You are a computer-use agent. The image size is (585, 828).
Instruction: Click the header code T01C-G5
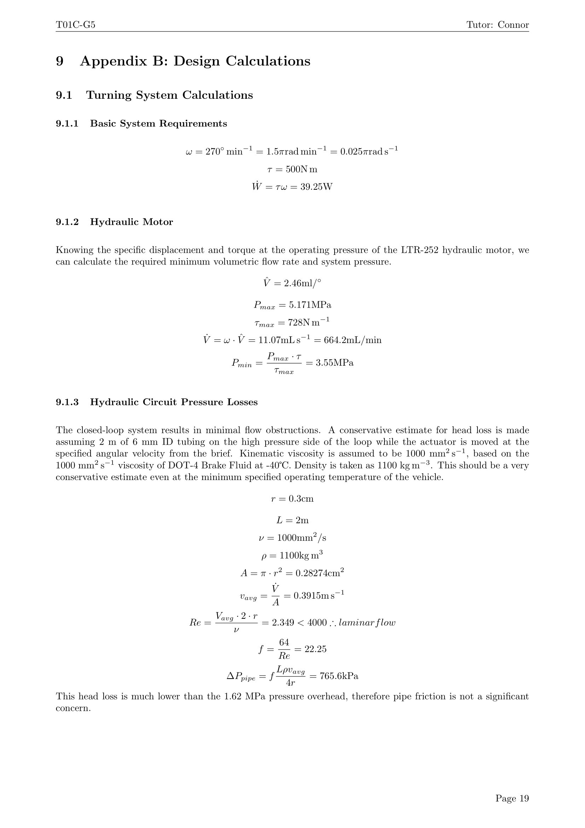coord(75,25)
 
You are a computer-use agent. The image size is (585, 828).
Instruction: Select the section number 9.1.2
coord(67,222)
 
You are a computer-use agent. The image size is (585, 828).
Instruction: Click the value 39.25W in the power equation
coord(316,187)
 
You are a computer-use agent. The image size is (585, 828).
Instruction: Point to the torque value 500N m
coord(301,169)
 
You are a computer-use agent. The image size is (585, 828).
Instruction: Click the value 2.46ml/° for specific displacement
coord(302,284)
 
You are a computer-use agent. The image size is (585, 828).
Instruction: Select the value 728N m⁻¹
coord(309,322)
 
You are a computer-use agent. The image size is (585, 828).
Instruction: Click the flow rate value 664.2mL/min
coord(348,340)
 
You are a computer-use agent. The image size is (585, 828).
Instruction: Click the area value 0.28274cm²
coord(320,573)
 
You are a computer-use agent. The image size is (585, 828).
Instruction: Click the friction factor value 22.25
coord(315,649)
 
